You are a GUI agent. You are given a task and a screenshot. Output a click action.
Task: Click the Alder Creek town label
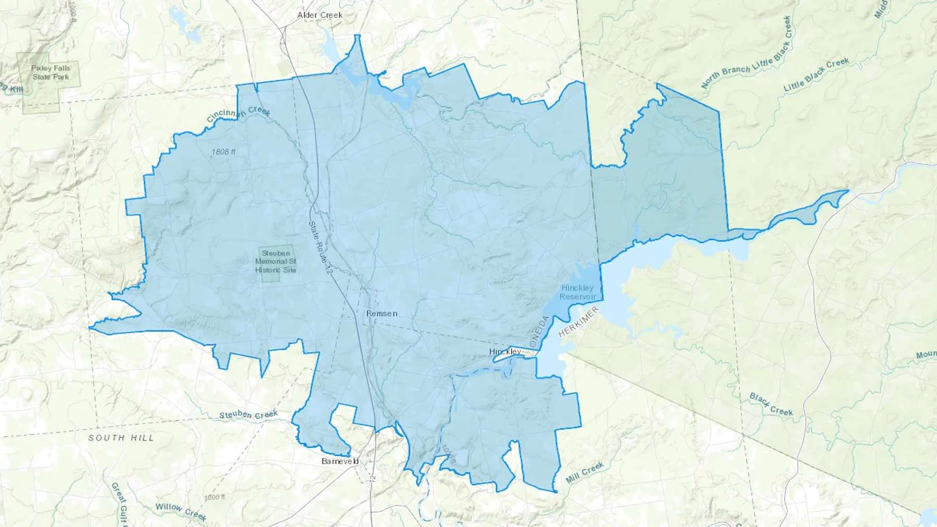320,15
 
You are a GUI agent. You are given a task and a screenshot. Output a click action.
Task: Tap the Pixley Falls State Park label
50,73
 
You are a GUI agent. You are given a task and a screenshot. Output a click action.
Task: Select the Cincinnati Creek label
238,114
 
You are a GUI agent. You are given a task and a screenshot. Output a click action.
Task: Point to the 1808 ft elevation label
223,152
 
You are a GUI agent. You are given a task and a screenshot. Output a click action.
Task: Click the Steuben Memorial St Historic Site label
276,262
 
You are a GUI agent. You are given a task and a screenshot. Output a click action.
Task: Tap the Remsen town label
382,313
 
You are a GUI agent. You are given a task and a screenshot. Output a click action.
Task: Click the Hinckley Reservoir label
577,292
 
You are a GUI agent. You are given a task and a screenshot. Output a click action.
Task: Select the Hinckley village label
505,352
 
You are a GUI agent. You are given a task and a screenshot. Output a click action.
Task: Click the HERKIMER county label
578,322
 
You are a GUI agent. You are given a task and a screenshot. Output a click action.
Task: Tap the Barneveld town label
340,461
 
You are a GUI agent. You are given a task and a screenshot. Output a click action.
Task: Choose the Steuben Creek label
248,415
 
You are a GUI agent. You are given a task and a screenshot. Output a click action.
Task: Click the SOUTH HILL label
121,438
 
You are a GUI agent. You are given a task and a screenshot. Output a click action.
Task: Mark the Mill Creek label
585,472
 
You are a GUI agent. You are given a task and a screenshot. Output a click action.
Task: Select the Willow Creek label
181,511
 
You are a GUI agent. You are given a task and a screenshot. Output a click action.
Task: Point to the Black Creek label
771,404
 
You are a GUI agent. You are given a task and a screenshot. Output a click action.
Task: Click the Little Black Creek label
816,75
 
